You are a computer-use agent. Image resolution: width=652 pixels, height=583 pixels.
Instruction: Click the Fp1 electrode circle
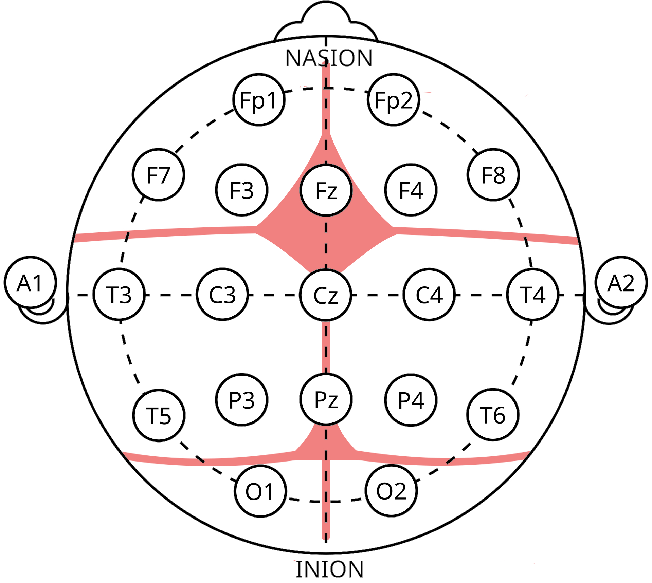pos(259,100)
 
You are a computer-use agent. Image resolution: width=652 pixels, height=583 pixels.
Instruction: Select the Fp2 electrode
pos(394,100)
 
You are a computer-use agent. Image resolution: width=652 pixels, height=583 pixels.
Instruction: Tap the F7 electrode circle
pos(158,175)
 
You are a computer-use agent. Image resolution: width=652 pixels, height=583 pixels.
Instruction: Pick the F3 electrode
pos(241,190)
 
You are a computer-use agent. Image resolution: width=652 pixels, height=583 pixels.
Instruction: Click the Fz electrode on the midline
pos(326,190)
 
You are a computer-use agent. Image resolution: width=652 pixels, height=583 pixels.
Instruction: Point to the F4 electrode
pos(411,190)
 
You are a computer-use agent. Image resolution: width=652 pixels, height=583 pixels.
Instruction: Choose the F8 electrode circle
pos(493,175)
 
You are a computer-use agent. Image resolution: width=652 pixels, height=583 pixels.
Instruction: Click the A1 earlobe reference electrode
pos(30,283)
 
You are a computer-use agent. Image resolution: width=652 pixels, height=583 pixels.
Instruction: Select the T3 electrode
pos(119,295)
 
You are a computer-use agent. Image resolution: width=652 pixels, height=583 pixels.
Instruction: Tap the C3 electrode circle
pos(222,295)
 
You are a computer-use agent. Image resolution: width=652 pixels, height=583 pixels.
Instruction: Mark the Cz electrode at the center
pos(326,295)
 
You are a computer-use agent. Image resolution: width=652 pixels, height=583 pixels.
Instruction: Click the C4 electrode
pos(429,295)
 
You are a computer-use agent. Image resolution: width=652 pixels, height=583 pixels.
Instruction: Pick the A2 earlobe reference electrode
pos(621,283)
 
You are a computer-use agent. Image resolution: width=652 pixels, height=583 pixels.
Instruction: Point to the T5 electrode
pos(159,415)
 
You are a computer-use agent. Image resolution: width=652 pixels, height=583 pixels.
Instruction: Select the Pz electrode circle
pos(326,399)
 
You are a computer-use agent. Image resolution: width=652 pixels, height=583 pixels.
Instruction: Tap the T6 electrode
pos(493,415)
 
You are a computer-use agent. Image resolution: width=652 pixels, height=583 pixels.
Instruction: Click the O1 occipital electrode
pos(260,491)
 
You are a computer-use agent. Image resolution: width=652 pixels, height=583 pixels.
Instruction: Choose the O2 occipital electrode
pos(391,491)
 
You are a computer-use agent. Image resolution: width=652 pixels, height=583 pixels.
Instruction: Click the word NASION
pos(329,58)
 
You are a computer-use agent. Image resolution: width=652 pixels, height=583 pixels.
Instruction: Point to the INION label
pos(329,569)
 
